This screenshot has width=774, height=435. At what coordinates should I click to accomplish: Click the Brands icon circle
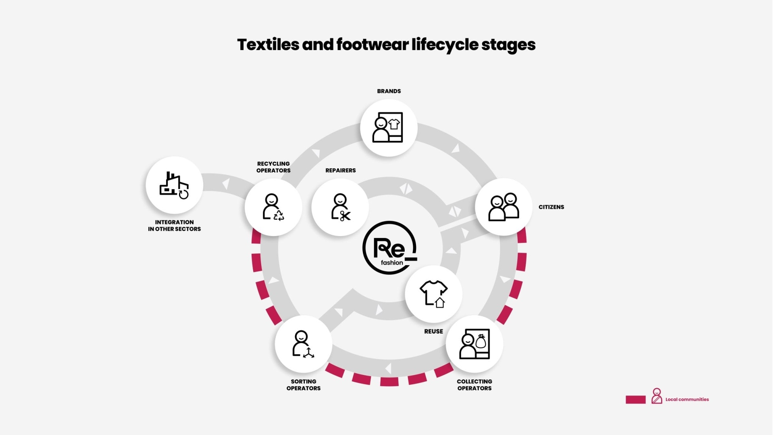pyautogui.click(x=389, y=128)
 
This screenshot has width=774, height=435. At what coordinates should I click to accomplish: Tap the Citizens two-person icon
pyautogui.click(x=504, y=207)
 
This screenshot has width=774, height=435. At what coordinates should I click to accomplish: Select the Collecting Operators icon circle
pyautogui.click(x=474, y=344)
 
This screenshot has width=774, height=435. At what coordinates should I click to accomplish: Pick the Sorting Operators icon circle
pyautogui.click(x=303, y=344)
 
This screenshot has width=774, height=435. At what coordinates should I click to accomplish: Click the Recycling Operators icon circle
pyautogui.click(x=273, y=207)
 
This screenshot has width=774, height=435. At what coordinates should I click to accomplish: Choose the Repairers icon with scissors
pyautogui.click(x=340, y=207)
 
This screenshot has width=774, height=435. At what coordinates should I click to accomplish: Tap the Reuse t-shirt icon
pyautogui.click(x=434, y=294)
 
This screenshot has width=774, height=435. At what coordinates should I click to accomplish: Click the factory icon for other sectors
pyautogui.click(x=174, y=185)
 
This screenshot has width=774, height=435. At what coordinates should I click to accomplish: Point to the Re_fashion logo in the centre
pyautogui.click(x=389, y=248)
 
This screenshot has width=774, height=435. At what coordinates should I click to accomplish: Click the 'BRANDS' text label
pyautogui.click(x=389, y=91)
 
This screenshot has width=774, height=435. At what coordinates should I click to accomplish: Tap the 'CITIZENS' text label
pyautogui.click(x=551, y=207)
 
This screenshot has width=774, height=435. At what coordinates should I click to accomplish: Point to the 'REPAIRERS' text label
pyautogui.click(x=340, y=170)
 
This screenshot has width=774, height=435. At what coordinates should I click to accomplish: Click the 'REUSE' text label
pyautogui.click(x=433, y=331)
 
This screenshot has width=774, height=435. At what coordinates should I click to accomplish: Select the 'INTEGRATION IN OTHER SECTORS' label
pyautogui.click(x=174, y=226)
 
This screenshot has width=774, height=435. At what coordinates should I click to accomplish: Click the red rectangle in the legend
pyautogui.click(x=635, y=399)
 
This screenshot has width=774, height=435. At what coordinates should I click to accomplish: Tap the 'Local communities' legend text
pyautogui.click(x=687, y=399)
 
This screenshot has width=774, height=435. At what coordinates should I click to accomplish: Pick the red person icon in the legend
pyautogui.click(x=657, y=396)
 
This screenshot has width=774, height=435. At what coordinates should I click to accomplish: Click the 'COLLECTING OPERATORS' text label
pyautogui.click(x=474, y=385)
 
